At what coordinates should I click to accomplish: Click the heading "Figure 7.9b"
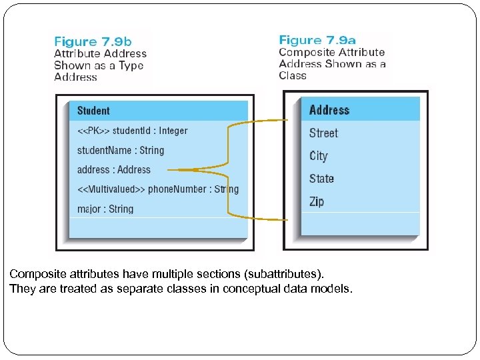coord(93,41)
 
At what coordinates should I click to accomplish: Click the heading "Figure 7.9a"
coord(318,40)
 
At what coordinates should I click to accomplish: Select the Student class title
coord(93,111)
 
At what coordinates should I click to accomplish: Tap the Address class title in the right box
coord(329,110)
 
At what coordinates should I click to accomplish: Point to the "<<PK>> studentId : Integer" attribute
coord(133,131)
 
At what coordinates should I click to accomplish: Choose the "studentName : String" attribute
coord(121,150)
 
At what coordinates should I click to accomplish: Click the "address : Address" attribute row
coord(114,169)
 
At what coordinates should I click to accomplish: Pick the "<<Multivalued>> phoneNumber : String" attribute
coord(157,189)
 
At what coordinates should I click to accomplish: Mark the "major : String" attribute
coord(105,209)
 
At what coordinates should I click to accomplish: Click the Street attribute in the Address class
coord(323,133)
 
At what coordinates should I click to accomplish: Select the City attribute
coord(319,156)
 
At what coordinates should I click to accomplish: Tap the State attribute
coord(321,179)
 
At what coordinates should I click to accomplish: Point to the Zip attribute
coord(317,201)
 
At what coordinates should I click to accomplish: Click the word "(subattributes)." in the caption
coord(299,274)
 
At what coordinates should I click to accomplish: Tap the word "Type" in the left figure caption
coord(131,65)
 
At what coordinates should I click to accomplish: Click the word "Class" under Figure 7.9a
coord(293,75)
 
